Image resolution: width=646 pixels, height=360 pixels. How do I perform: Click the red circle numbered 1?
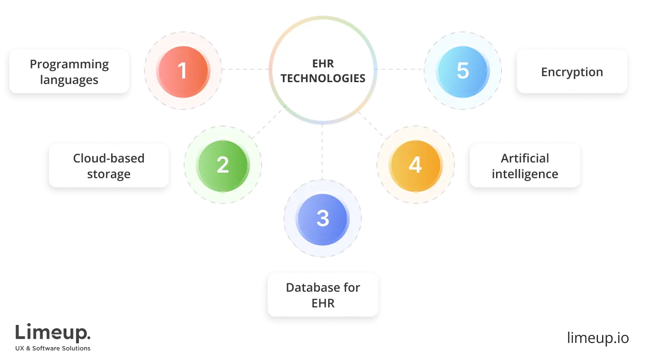pyautogui.click(x=183, y=71)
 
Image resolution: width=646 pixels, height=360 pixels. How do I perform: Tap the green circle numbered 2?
pyautogui.click(x=222, y=165)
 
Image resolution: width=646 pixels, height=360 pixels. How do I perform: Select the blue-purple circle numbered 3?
pyautogui.click(x=323, y=218)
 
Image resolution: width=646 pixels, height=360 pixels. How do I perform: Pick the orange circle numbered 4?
pyautogui.click(x=415, y=165)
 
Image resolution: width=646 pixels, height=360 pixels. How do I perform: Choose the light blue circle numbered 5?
pyautogui.click(x=462, y=71)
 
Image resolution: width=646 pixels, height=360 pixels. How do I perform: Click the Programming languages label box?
pyautogui.click(x=69, y=72)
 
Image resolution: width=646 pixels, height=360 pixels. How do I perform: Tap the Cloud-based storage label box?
pyautogui.click(x=108, y=165)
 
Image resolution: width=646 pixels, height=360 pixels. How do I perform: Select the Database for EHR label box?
pyautogui.click(x=323, y=295)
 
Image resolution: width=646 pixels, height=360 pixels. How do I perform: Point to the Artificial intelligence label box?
pyautogui.click(x=525, y=165)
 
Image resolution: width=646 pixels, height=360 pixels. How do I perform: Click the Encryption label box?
pyautogui.click(x=572, y=72)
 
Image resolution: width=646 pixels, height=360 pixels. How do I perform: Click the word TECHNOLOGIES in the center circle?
pyautogui.click(x=323, y=78)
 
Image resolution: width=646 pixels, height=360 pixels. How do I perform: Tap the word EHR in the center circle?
pyautogui.click(x=323, y=64)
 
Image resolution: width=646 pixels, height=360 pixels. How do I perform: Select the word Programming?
pyautogui.click(x=69, y=64)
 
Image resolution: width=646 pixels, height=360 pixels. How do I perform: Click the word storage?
pyautogui.click(x=108, y=174)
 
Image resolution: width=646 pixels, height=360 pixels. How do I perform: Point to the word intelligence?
pyautogui.click(x=525, y=174)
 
